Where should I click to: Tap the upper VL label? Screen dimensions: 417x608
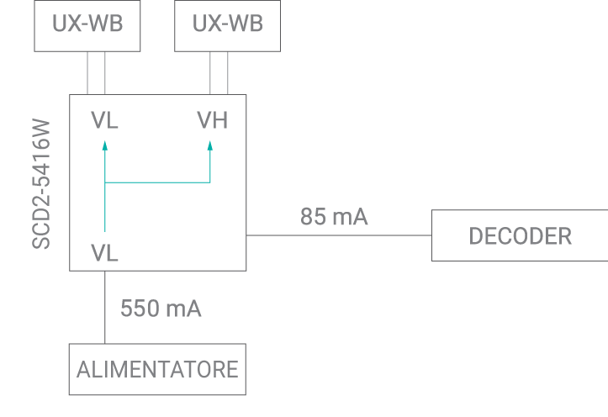point(105,121)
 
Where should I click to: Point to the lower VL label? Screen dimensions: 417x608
point(105,252)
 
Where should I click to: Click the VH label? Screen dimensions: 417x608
point(212,121)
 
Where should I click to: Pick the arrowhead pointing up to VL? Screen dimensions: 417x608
point(105,145)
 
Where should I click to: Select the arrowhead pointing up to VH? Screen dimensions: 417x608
point(210,145)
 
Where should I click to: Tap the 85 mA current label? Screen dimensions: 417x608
point(334,217)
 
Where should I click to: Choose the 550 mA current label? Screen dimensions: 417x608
point(161,309)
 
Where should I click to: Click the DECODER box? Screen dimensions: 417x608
point(520,236)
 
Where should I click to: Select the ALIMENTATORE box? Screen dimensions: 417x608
point(157,369)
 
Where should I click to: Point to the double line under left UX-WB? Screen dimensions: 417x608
point(97,73)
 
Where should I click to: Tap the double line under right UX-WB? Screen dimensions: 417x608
point(219,73)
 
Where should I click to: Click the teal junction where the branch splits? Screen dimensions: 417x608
point(105,182)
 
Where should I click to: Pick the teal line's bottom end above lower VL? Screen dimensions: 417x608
point(105,230)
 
